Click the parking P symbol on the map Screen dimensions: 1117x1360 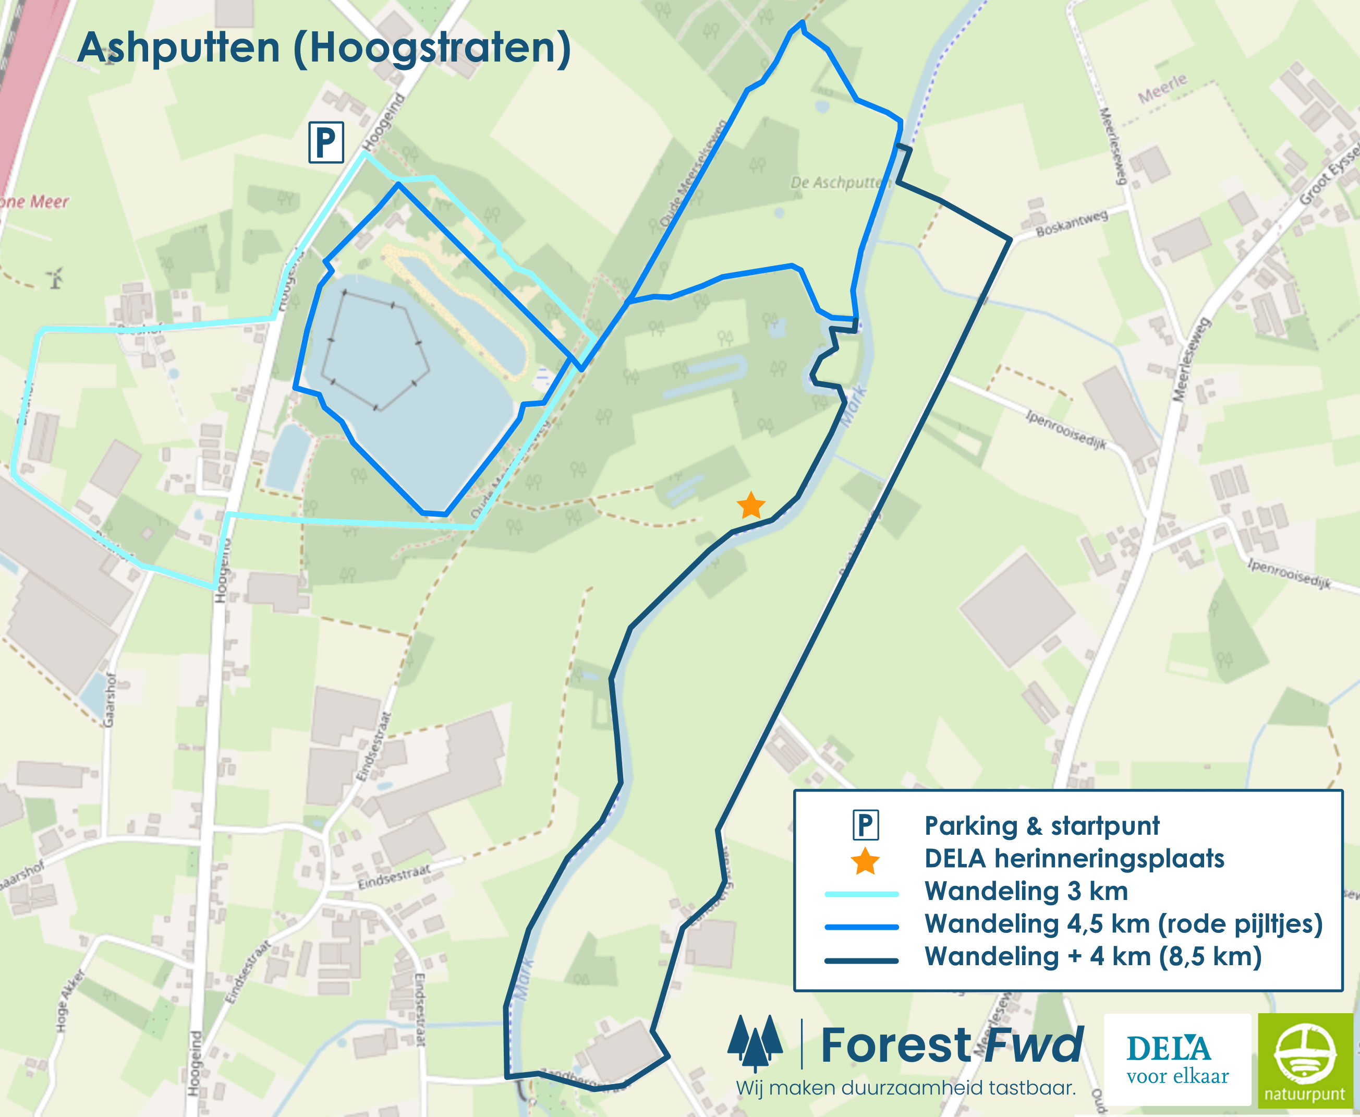(x=326, y=142)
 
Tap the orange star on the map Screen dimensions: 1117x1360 (x=750, y=506)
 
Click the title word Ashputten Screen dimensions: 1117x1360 (x=179, y=47)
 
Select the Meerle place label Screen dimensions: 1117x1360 (x=1162, y=89)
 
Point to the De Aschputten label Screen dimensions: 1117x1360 (x=836, y=183)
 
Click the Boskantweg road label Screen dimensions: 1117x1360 (x=1072, y=223)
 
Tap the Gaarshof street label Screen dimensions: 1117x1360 (x=110, y=700)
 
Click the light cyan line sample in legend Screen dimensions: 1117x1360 (x=861, y=894)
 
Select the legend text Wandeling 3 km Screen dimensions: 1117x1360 (x=1026, y=892)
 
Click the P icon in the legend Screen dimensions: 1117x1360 (x=865, y=825)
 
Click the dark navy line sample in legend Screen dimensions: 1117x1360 (x=861, y=960)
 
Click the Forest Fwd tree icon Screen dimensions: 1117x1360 (x=755, y=1042)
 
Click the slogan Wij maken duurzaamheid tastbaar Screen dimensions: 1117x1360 (x=905, y=1089)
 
